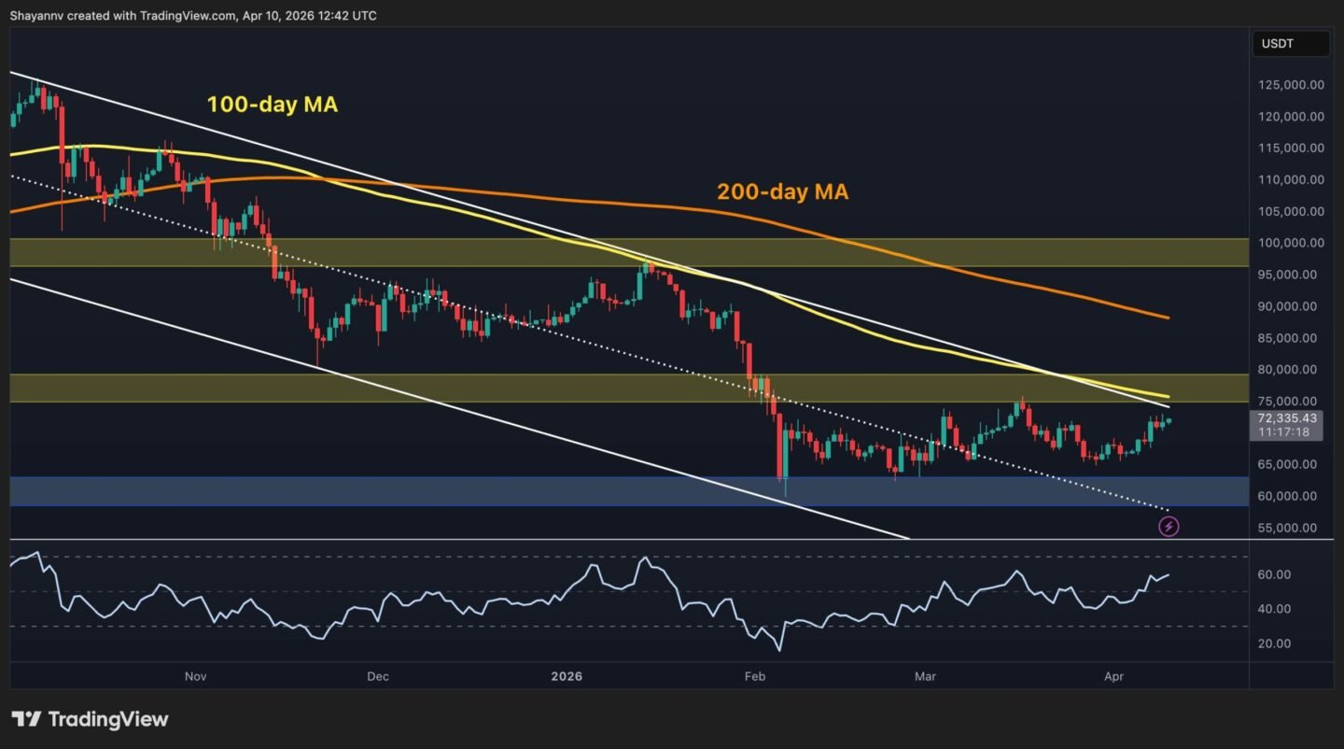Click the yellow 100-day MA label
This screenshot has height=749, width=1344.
(273, 105)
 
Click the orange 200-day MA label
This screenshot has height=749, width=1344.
(782, 192)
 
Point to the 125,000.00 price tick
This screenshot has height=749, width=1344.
(1291, 85)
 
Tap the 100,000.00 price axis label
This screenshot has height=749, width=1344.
(1291, 243)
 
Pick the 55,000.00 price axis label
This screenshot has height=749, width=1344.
(1291, 528)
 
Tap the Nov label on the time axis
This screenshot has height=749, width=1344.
(195, 676)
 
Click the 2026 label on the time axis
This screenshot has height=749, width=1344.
(567, 676)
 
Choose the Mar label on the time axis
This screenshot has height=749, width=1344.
(926, 676)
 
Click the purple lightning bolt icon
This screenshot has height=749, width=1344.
(1169, 527)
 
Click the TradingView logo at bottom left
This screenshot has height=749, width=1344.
(90, 719)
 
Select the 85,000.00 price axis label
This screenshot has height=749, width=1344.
(1291, 338)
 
